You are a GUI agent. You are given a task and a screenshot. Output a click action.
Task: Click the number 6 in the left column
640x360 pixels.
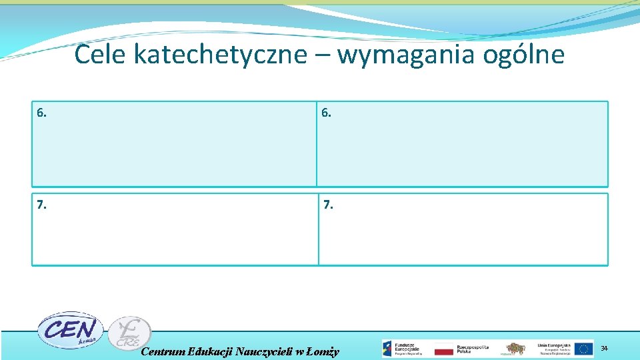click(x=42, y=113)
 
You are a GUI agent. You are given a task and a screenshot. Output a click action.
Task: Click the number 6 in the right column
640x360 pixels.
click(x=326, y=113)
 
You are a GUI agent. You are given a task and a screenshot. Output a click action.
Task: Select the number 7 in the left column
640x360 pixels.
click(x=42, y=205)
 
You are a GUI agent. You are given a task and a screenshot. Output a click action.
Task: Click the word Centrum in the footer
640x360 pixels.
click(x=163, y=351)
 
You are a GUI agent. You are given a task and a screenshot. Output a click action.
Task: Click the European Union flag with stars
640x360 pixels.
click(x=584, y=349)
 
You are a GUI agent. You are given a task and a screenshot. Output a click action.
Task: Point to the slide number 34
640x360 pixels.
click(x=605, y=349)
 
